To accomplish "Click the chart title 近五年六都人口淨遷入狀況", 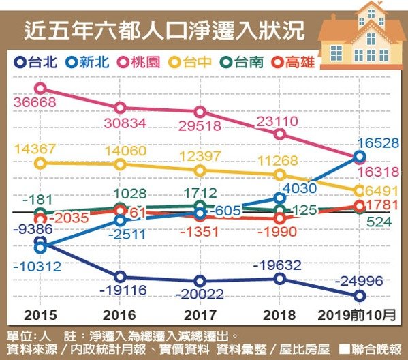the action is point(164,31).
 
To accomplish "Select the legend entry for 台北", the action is point(35,62).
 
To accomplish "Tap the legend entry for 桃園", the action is point(139,62).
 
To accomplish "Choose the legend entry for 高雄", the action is point(293,62).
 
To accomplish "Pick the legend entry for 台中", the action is point(190,62).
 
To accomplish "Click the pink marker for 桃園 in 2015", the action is point(41,89).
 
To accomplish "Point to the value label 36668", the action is point(35,102).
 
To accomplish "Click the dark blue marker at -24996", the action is point(360,296).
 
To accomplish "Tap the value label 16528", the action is point(378,143).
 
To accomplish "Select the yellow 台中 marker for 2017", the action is point(200,170).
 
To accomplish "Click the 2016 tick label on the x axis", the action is point(119,315).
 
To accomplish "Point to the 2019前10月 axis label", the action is point(357,315).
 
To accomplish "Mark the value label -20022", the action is point(200,294).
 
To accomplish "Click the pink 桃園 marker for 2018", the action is point(280,134).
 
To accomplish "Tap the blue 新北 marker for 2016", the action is point(120,220).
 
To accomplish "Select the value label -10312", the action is point(37,266).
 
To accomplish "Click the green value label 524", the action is point(379,222).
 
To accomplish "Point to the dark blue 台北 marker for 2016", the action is point(120,276).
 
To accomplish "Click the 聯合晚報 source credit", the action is point(371,349).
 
